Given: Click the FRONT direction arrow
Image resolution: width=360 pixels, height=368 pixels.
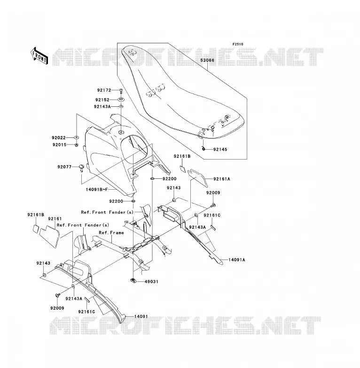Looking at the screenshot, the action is tap(39, 56).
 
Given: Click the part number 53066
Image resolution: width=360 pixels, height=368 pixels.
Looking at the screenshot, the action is tap(207, 60).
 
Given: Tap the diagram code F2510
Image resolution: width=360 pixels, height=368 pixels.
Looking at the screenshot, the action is tap(238, 44).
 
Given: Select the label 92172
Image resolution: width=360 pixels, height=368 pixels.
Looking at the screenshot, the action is tap(104, 90).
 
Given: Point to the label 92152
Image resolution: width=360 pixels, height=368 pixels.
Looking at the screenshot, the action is tap(102, 100).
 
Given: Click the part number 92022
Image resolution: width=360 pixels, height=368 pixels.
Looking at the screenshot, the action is tap(59, 138).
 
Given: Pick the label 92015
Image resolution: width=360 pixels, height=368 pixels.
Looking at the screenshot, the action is tap(60, 145).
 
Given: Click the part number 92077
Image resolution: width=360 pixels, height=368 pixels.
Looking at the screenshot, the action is tap(64, 167).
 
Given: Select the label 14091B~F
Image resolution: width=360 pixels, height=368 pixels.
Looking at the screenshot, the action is tap(96, 189).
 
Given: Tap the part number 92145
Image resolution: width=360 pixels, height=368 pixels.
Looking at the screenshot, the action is tap(220, 150).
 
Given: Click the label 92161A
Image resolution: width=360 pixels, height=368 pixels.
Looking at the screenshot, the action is tap(222, 179).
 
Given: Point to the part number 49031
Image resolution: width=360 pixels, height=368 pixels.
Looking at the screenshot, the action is tap(151, 281).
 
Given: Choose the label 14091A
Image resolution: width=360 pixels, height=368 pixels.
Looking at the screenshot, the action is tap(237, 260).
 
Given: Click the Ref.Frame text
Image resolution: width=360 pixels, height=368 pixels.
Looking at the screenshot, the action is tap(111, 233).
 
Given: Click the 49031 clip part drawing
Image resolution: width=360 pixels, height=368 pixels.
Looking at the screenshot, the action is tap(133, 280).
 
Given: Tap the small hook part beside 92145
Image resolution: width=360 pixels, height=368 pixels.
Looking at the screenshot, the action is tap(203, 149).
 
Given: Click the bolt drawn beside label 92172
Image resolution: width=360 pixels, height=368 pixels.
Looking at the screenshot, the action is tap(121, 90).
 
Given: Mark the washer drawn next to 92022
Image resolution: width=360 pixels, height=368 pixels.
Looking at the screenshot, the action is tap(77, 137).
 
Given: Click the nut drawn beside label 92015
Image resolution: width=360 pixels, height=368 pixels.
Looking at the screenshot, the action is tap(77, 145).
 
